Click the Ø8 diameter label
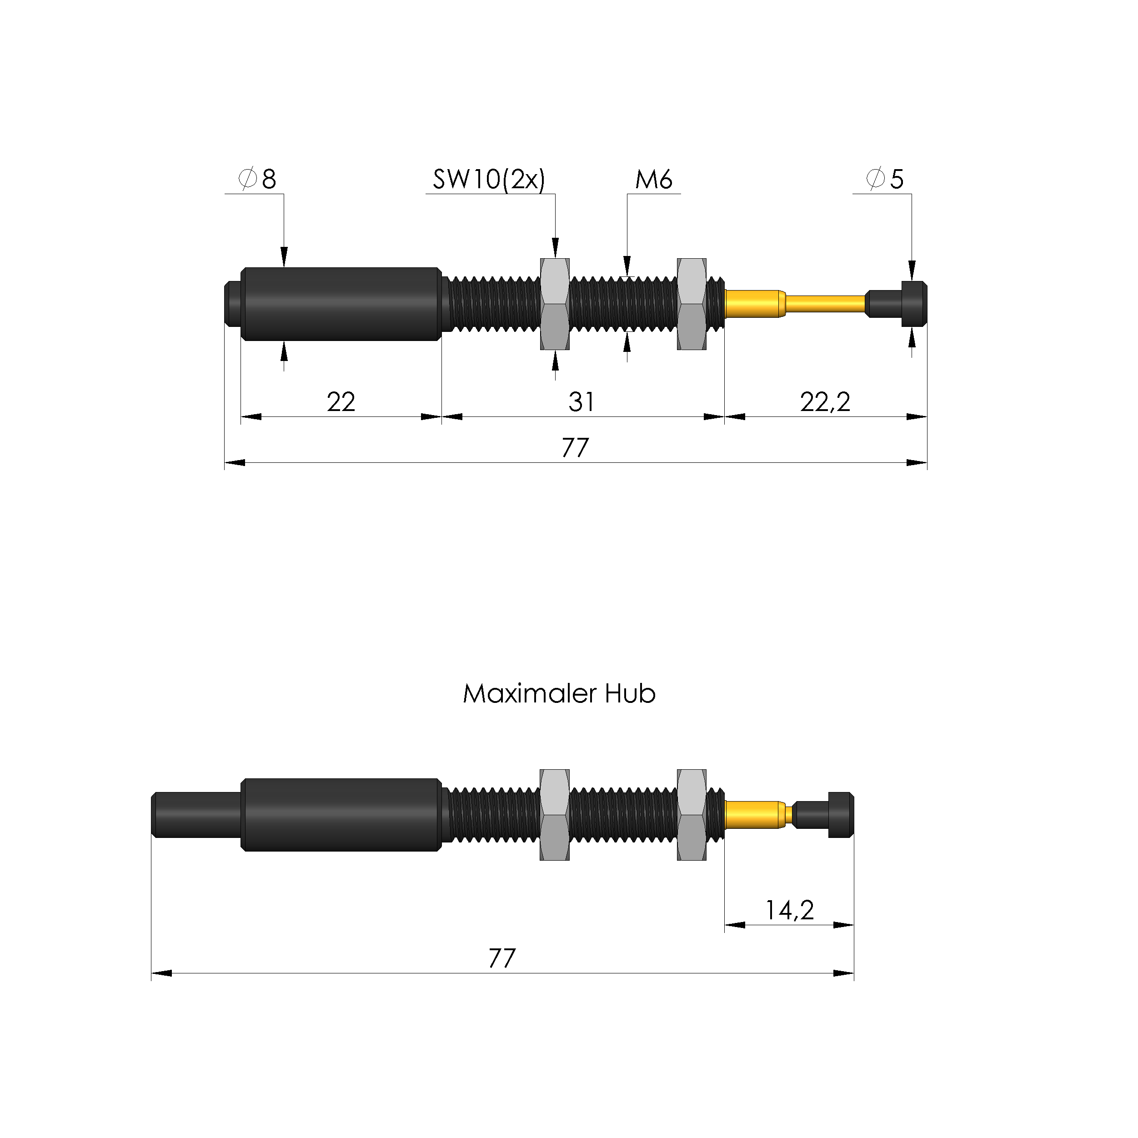coord(257,179)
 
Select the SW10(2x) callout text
coord(489,179)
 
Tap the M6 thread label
coord(653,179)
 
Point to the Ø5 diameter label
coord(885,179)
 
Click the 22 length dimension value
coord(341,402)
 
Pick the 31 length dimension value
coord(582,402)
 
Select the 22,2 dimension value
coord(825,402)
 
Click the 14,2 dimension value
coord(789,910)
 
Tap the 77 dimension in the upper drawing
coord(575,448)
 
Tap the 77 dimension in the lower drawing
coord(502,958)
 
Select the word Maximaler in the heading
coord(530,694)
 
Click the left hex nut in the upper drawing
coord(554,304)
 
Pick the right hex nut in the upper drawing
coord(692,304)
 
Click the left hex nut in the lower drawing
coord(554,815)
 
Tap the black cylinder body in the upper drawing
coord(341,304)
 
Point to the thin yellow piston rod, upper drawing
coord(825,304)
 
